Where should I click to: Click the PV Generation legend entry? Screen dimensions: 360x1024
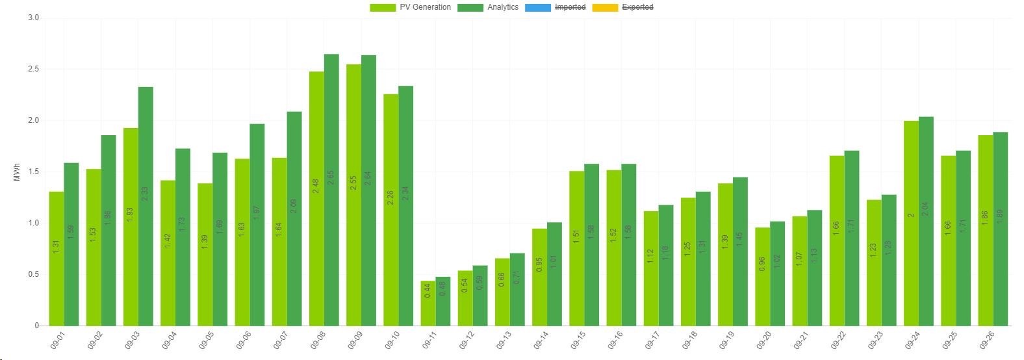coord(410,7)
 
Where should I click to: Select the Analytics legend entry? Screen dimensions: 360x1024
coord(488,7)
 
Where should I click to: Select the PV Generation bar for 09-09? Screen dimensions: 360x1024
coord(354,195)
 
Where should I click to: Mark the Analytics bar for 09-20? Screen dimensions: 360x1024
coord(777,274)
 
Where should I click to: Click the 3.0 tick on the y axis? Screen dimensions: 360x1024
coord(33,18)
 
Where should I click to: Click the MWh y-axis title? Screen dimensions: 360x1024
coord(16,172)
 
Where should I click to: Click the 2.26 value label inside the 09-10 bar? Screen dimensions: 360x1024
coord(390,197)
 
